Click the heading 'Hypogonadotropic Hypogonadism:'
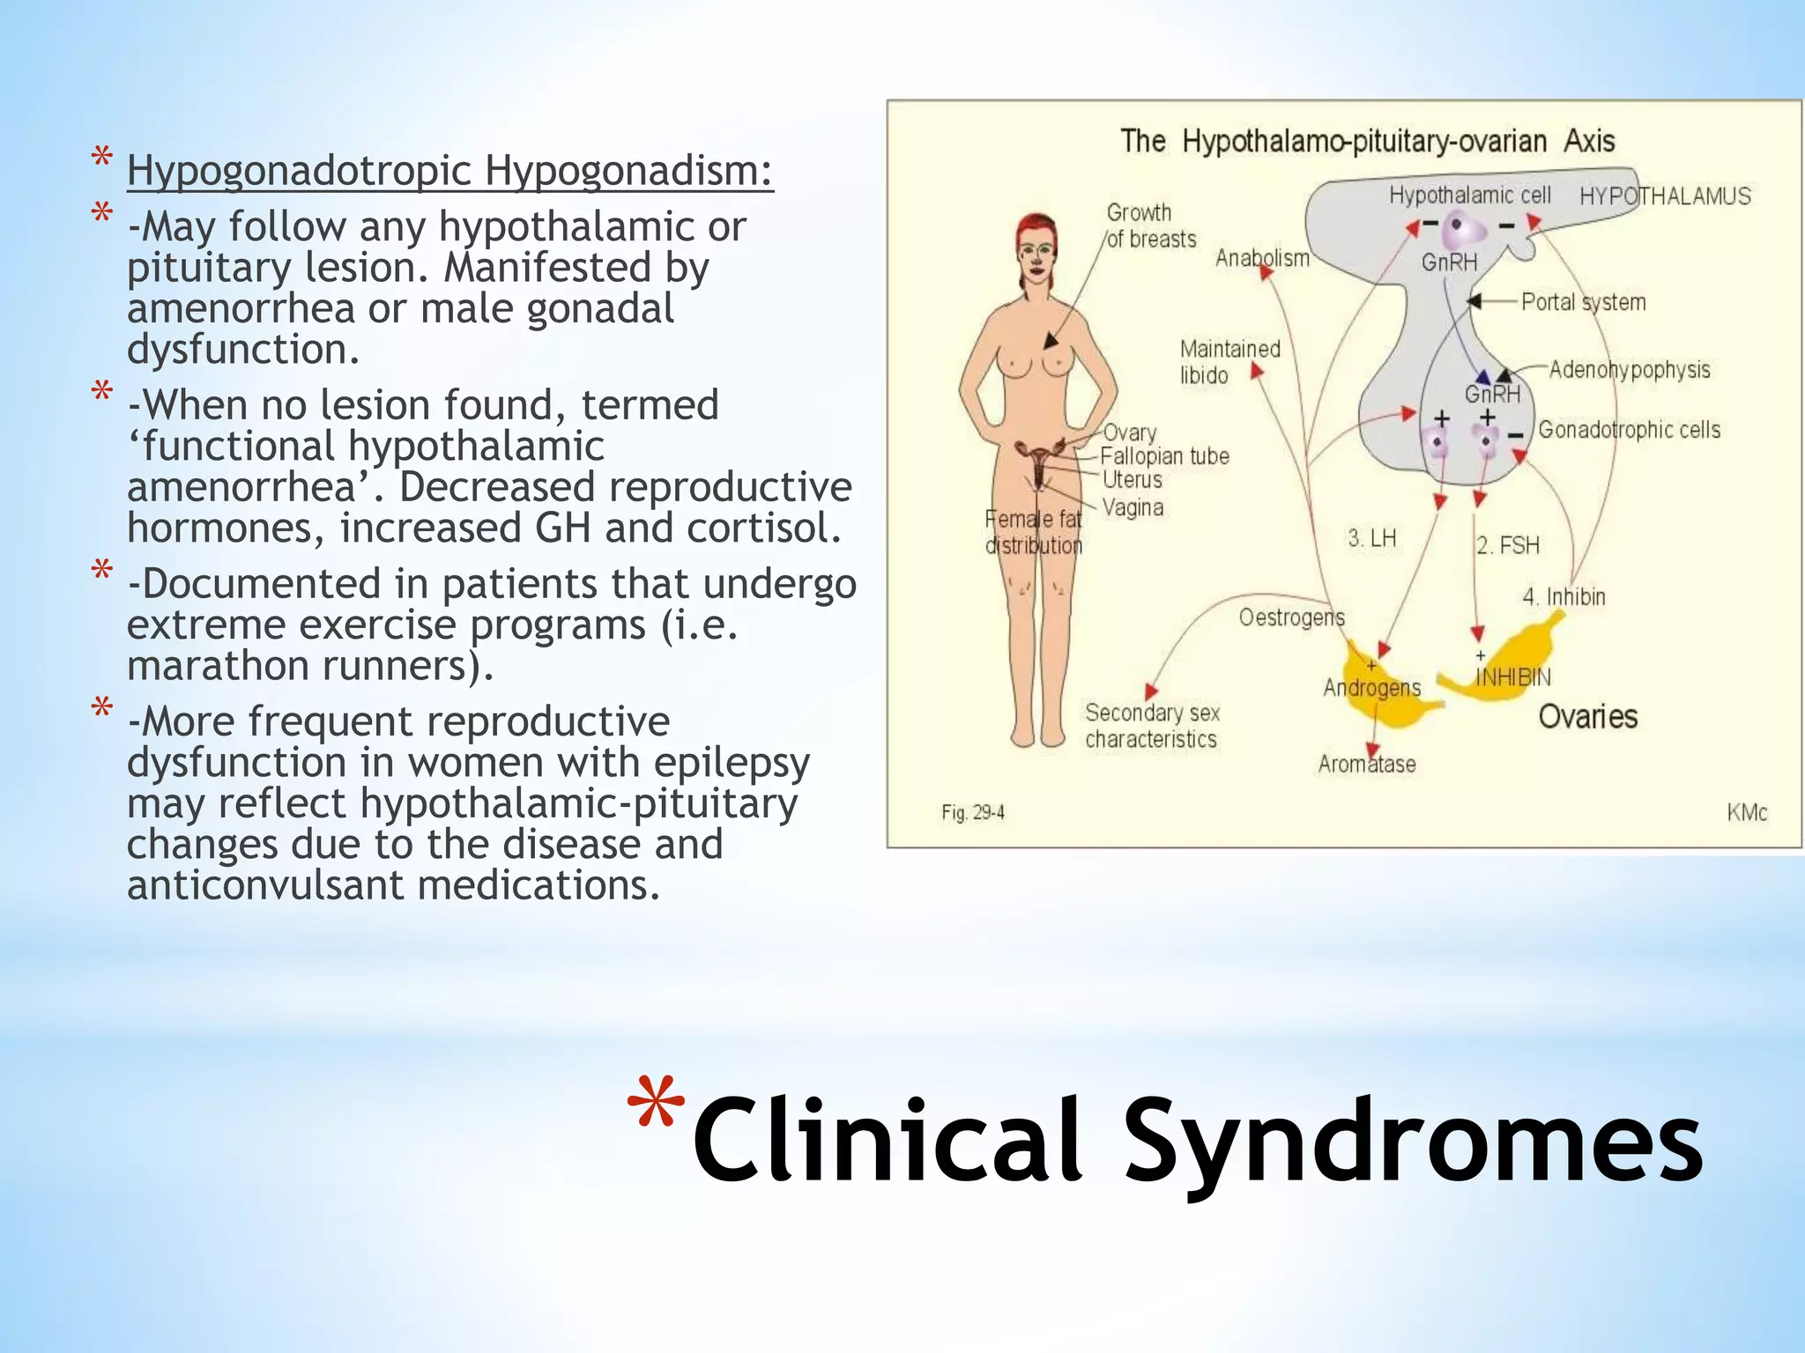point(449,171)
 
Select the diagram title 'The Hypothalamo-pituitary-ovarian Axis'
point(1367,141)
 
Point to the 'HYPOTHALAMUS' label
point(1664,196)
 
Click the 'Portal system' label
point(1583,302)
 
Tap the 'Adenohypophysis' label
point(1629,369)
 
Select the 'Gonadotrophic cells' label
point(1629,430)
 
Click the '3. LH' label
point(1371,538)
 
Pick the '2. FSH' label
point(1508,545)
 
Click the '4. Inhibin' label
point(1564,597)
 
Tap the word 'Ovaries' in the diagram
point(1587,717)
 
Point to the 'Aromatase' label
point(1366,765)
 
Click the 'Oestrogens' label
point(1291,617)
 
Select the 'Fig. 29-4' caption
point(972,812)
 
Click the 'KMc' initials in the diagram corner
point(1746,812)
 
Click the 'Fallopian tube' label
point(1164,456)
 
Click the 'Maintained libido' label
point(1229,362)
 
